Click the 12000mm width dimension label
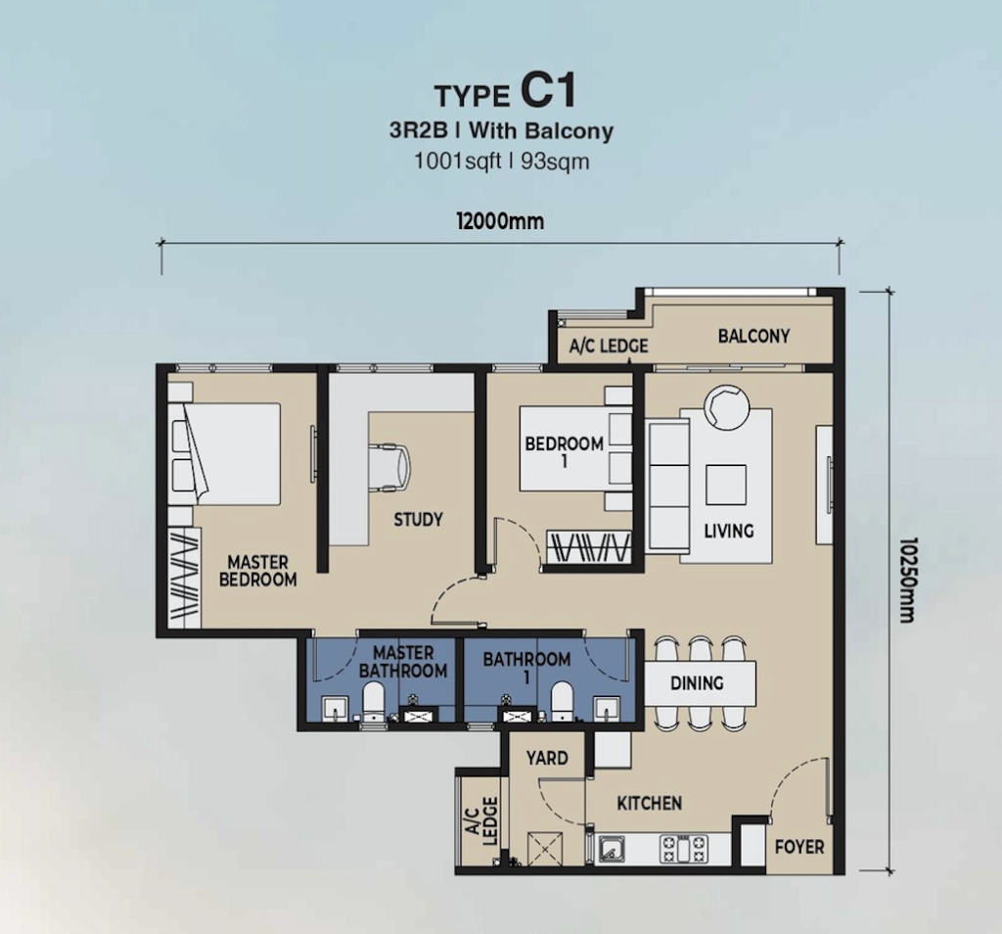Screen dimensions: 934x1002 [x=500, y=221]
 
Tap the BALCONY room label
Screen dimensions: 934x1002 [x=753, y=336]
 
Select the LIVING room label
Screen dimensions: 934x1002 [x=729, y=531]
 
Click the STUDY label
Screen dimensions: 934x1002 [x=419, y=519]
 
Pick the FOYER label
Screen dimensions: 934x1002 [x=799, y=847]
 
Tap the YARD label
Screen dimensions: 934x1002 [x=547, y=758]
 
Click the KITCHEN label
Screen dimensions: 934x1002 [x=650, y=803]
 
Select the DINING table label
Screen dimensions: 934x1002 [x=697, y=683]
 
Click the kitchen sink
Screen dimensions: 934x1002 [x=614, y=849]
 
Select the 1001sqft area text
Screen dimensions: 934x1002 [x=456, y=162]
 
